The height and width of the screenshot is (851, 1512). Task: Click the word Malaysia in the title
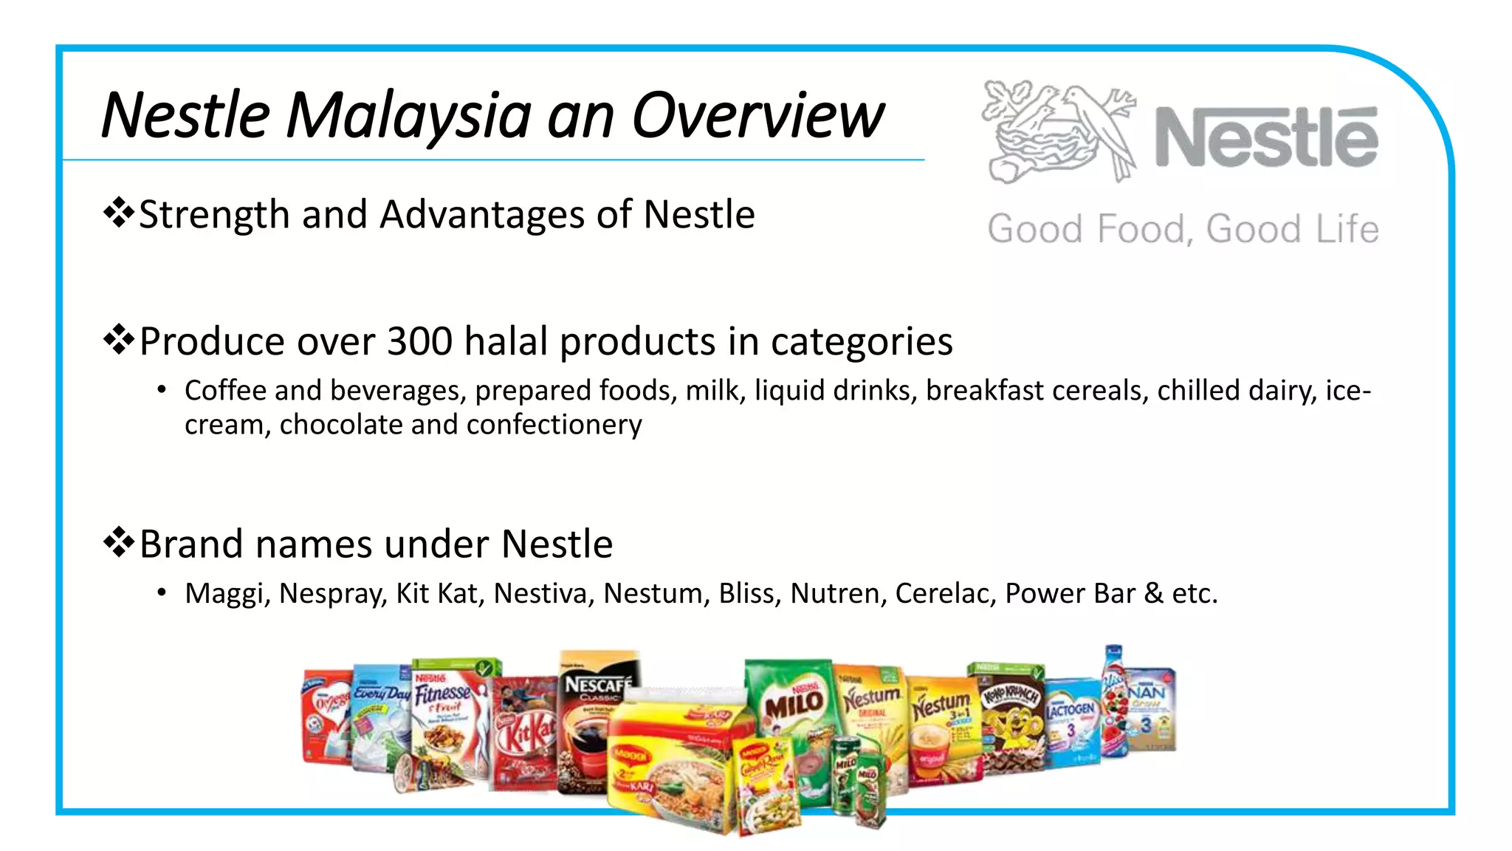408,116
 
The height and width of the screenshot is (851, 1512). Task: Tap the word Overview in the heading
757,116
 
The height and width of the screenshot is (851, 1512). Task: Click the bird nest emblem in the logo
1057,131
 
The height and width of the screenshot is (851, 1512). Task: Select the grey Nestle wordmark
1265,137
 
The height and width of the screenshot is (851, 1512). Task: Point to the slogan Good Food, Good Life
1183,229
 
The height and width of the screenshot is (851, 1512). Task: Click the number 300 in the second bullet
419,341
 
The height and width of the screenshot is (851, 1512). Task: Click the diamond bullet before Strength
118,213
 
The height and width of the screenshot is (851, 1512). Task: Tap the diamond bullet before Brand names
118,543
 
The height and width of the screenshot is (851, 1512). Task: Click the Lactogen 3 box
1071,720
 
